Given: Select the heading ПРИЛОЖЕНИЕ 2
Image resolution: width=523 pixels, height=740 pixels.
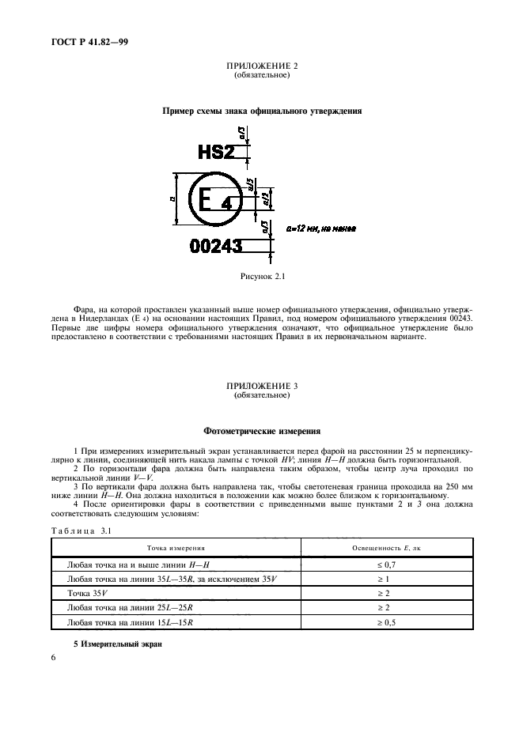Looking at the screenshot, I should tap(261, 67).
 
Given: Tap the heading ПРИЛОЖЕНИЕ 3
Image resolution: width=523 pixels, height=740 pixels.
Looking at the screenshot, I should tap(261, 387).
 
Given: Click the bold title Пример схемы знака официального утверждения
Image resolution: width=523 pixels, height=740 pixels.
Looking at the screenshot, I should tap(262, 111).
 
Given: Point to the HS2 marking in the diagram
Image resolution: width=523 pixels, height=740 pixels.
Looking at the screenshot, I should tap(216, 152).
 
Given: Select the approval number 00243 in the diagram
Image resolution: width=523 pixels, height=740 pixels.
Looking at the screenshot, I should tap(216, 247).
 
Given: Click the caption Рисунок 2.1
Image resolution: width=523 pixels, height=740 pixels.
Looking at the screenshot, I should tap(262, 277).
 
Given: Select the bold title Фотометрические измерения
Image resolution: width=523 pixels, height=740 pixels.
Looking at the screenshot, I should tap(262, 432).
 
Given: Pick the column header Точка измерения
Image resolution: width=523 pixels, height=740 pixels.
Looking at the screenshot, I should tap(176, 547).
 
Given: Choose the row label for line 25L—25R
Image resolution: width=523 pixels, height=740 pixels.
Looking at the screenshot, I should tap(131, 608).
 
